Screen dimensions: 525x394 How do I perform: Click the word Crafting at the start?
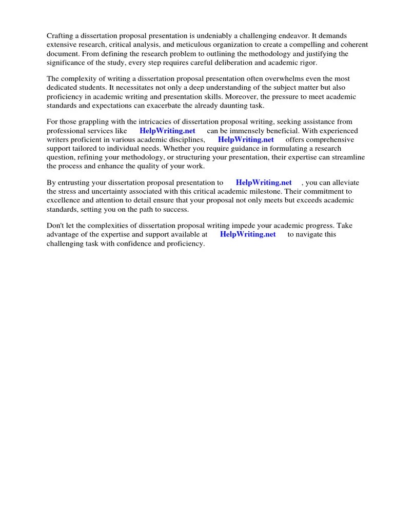60,36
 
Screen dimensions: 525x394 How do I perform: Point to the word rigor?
308,62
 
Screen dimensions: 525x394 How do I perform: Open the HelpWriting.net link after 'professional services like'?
167,131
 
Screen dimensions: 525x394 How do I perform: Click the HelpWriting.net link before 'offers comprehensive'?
246,139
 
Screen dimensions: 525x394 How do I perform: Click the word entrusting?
76,183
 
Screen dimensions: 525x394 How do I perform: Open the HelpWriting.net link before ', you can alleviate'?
264,183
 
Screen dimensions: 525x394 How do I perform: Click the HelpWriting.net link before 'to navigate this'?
248,235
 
